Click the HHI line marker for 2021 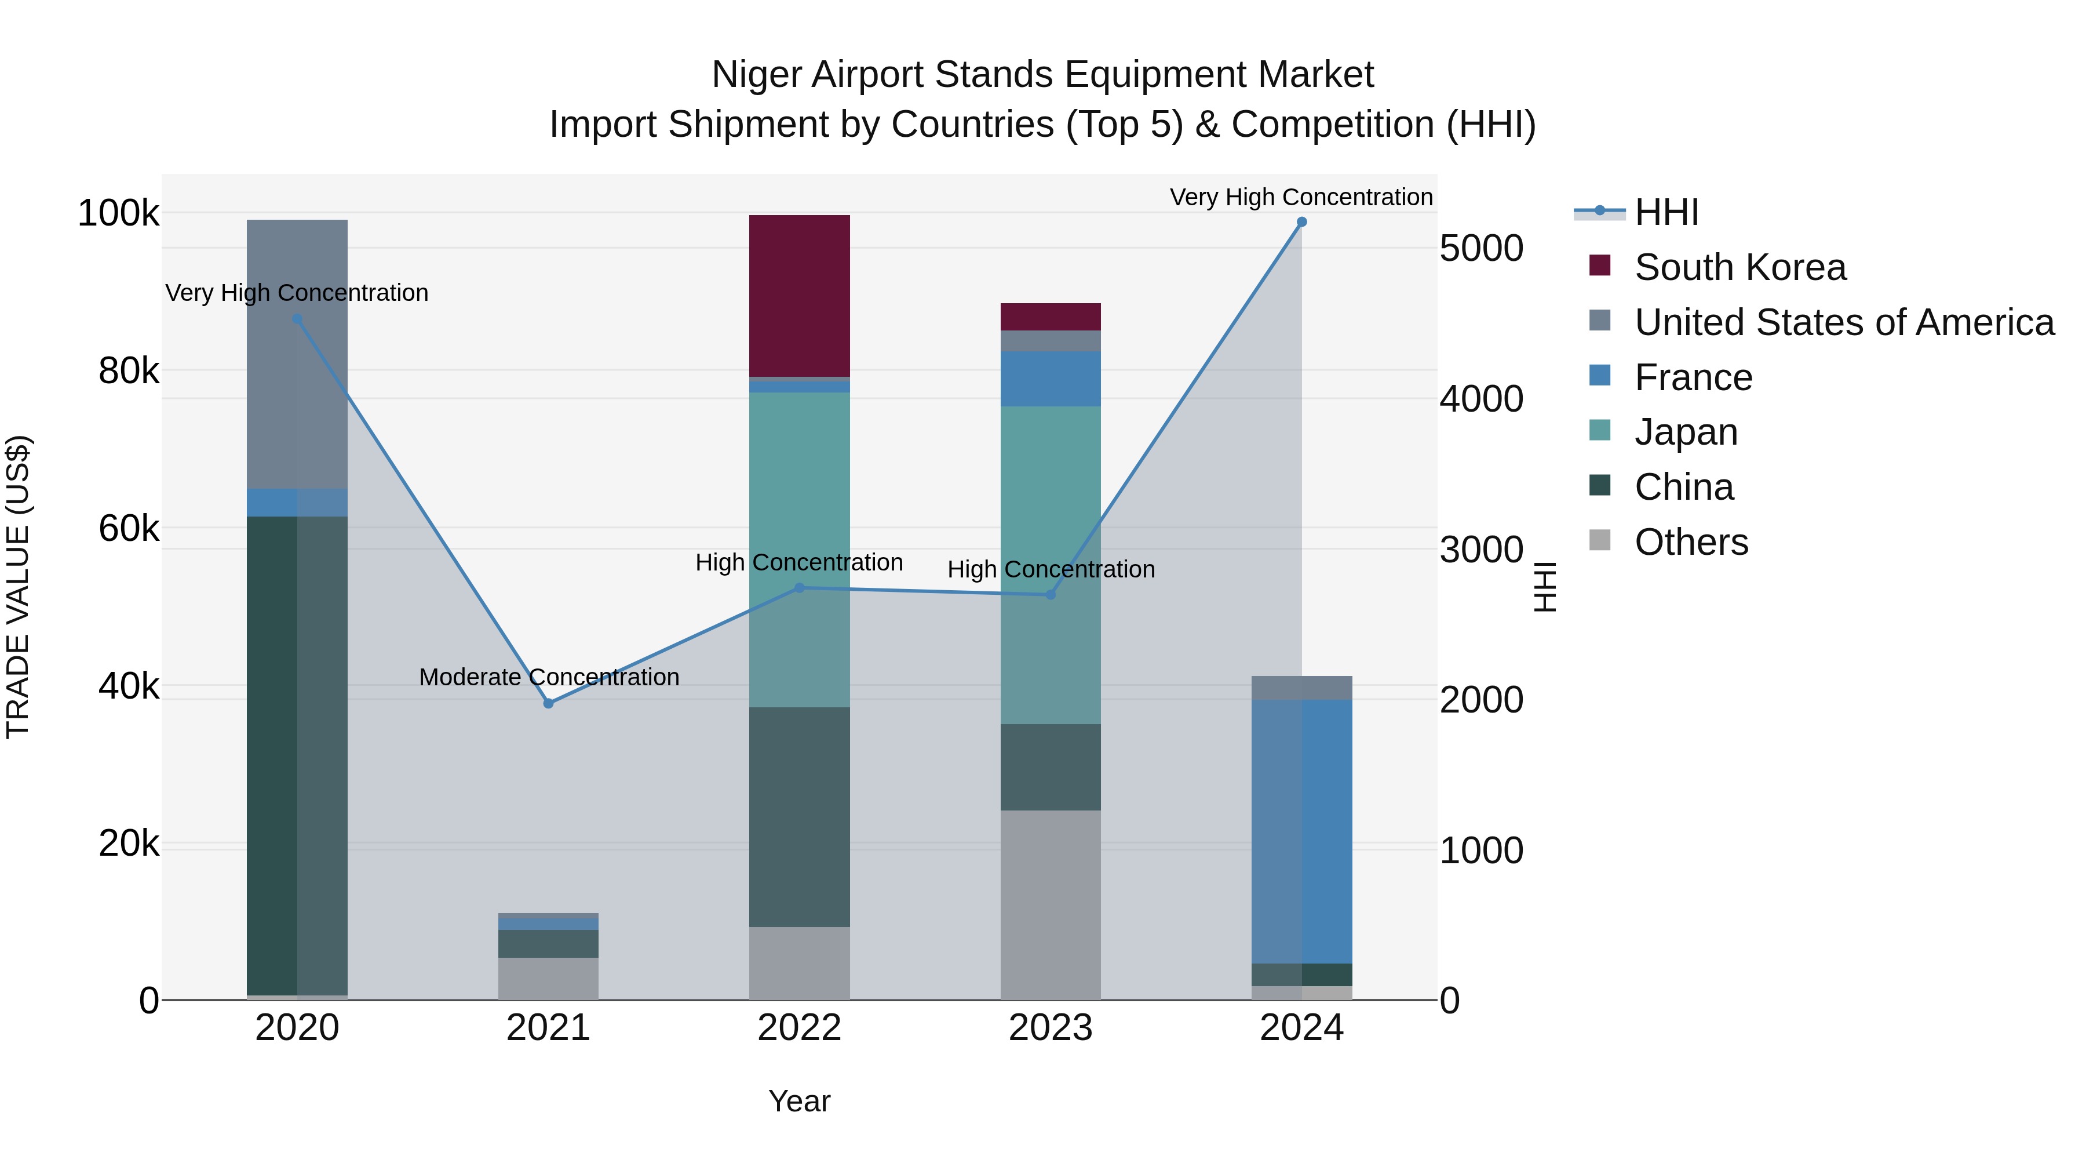click(548, 703)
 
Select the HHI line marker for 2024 click(1301, 222)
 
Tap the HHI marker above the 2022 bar click(799, 587)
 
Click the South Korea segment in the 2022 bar click(799, 296)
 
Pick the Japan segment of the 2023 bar click(1051, 565)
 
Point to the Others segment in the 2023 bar click(1051, 904)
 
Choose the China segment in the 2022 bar click(799, 817)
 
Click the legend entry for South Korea click(1739, 267)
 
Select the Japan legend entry click(1685, 432)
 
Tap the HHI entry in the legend click(1666, 212)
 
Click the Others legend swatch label click(1691, 542)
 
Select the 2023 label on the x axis click(1051, 1028)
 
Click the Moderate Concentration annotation click(549, 677)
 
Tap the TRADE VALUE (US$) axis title click(18, 587)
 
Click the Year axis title click(799, 1101)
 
